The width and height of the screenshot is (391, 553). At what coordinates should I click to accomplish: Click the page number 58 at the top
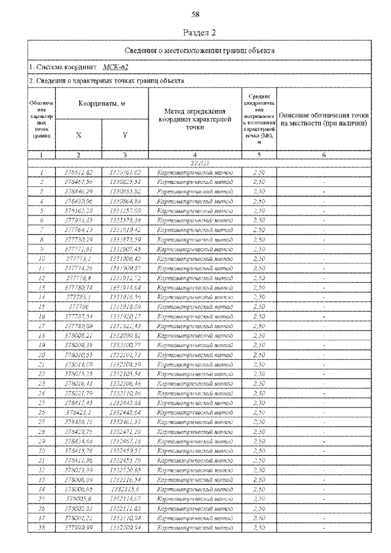click(195, 13)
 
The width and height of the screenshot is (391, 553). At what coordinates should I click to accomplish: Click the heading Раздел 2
click(195, 32)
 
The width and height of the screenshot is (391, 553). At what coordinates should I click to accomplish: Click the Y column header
click(125, 136)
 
